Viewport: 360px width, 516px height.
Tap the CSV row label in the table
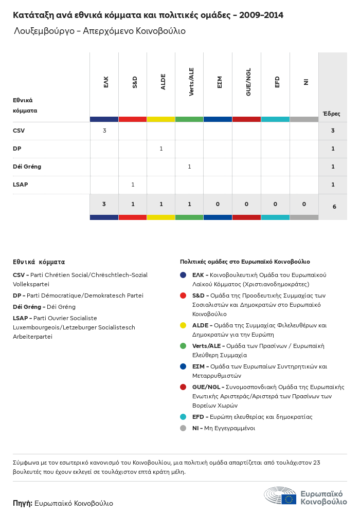(x=19, y=131)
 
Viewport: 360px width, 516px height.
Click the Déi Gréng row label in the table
(x=27, y=167)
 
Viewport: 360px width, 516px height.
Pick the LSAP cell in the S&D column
(x=133, y=185)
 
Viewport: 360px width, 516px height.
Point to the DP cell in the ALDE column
(x=161, y=149)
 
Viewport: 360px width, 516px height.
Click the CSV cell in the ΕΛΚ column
(x=104, y=131)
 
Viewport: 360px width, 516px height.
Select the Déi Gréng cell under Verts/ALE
(x=189, y=167)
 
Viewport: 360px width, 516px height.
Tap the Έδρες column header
(x=331, y=114)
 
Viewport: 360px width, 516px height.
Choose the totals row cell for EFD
(x=275, y=204)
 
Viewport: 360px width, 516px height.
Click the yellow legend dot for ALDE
(x=183, y=325)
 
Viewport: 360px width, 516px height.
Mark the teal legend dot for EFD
(x=183, y=417)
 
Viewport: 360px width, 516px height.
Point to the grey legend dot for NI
(x=183, y=428)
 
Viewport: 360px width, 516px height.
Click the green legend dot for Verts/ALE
(x=183, y=346)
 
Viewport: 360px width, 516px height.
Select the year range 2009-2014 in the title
(x=262, y=15)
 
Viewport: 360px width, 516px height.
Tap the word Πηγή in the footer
(x=23, y=503)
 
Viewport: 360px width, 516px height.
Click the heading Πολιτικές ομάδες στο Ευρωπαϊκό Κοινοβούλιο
(x=245, y=262)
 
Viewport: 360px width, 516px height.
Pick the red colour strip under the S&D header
(x=133, y=119)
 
